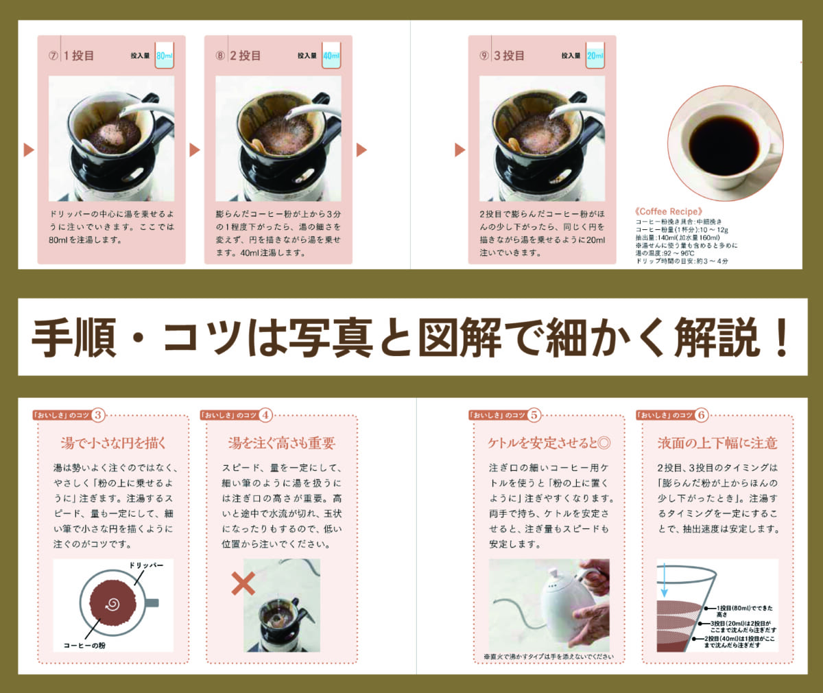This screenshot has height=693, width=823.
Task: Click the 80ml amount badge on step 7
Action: point(164,56)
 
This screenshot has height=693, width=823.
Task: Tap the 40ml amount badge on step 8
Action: point(331,56)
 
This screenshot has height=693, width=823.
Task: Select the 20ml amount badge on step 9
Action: point(595,56)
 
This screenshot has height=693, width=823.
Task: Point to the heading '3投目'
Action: point(509,56)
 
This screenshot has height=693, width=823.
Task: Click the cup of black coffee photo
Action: point(724,144)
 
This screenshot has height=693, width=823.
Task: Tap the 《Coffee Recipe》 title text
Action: point(669,211)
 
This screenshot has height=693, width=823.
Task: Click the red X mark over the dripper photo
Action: point(243,583)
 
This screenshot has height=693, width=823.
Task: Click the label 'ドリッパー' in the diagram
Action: point(146,565)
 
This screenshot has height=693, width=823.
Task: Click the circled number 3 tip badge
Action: point(98,415)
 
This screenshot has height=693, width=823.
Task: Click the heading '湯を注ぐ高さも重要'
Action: point(281,443)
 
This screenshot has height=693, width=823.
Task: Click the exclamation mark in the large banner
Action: point(780,338)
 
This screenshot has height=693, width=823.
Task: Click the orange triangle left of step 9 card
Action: point(460,150)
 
